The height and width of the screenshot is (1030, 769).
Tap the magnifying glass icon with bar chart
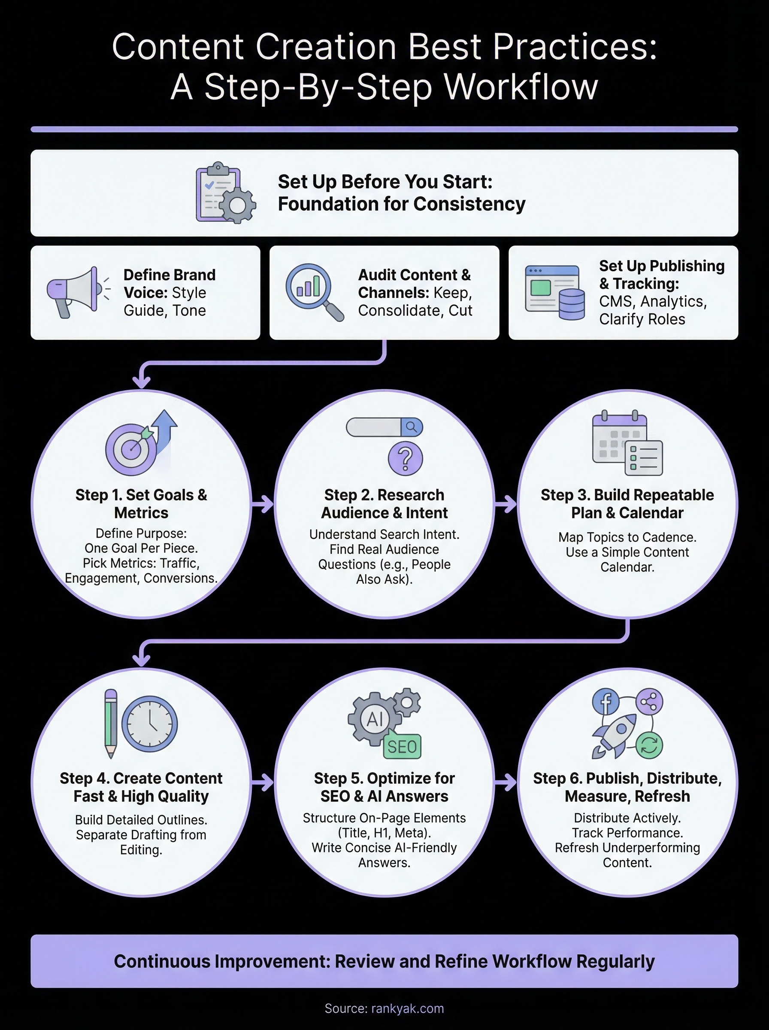(312, 290)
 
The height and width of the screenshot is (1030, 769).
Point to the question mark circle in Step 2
(406, 458)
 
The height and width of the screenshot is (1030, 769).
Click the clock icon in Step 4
(149, 724)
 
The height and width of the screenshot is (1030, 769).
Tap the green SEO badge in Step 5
(402, 747)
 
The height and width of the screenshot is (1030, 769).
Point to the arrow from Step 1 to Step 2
(263, 503)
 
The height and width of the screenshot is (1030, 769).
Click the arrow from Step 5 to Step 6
(506, 782)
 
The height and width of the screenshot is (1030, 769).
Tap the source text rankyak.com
(407, 1009)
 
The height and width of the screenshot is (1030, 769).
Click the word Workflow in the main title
(521, 87)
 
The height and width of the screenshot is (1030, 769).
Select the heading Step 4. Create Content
(141, 778)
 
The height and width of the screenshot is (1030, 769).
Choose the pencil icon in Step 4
(111, 723)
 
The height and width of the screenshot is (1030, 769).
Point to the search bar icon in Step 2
(384, 427)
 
